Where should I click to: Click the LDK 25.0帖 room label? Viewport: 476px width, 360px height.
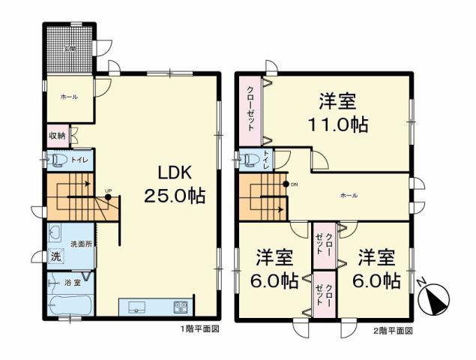click(175, 184)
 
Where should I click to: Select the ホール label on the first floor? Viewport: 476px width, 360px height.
click(69, 96)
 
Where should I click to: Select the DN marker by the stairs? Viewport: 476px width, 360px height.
click(293, 184)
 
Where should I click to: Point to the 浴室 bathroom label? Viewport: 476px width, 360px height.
click(73, 283)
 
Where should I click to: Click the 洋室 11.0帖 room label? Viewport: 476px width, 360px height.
click(337, 112)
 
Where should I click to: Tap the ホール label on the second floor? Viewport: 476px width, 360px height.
click(348, 195)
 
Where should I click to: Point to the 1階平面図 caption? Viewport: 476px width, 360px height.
click(199, 329)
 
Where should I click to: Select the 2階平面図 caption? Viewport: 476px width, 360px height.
click(393, 329)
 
